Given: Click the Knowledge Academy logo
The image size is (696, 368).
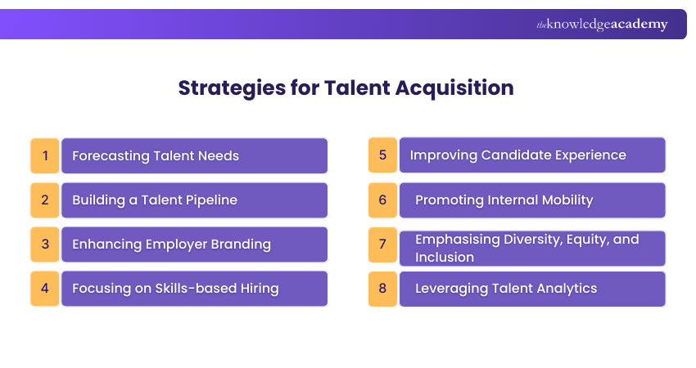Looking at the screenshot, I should pos(602,25).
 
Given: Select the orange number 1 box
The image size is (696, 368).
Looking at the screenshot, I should pos(45,155).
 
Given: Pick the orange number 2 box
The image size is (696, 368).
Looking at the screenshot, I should pos(45,200).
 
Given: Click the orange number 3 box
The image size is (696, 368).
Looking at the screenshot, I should pos(45,244).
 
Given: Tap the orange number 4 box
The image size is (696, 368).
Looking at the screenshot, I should pos(45,288).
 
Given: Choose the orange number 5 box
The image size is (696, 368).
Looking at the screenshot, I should pos(382,155).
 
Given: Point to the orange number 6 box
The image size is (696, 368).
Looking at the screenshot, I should pos(382,200).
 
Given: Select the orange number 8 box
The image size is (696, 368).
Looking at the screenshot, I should pos(382,288).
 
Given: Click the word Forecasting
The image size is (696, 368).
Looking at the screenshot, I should pos(111,155).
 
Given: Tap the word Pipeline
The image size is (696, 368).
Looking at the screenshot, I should pos(210,200).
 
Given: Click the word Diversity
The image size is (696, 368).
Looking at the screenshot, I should pos(527,240).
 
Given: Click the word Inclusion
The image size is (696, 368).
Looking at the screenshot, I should pos(444,257).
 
